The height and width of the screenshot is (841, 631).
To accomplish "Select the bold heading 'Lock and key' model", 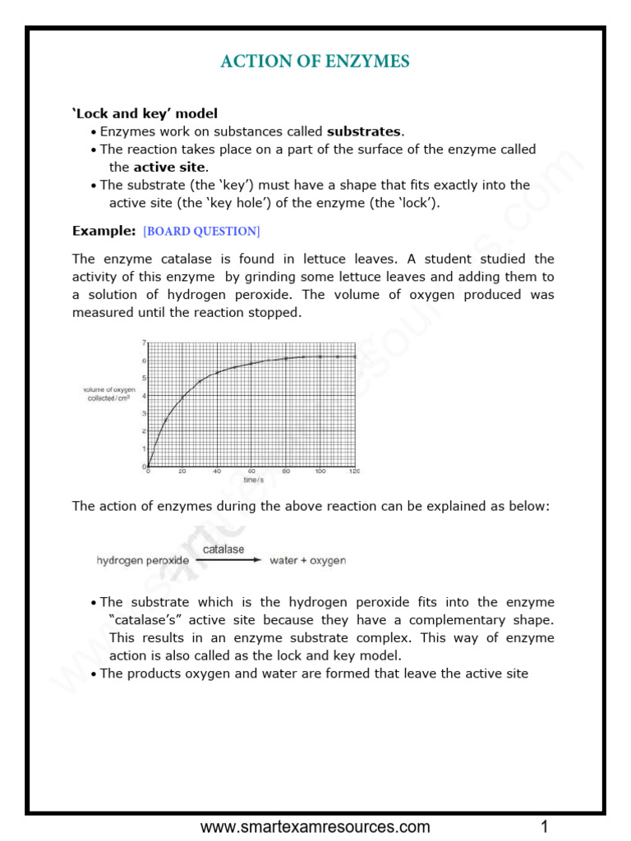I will (x=145, y=113).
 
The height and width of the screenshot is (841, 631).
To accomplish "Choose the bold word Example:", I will (x=104, y=231).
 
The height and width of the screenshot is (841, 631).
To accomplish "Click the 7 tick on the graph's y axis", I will (x=144, y=342).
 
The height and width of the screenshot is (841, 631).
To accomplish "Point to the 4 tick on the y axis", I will (x=144, y=396).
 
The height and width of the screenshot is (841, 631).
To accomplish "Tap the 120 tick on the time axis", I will (x=355, y=471).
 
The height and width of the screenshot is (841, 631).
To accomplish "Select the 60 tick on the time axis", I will (x=251, y=471).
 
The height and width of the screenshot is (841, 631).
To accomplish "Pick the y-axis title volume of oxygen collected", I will (x=108, y=393).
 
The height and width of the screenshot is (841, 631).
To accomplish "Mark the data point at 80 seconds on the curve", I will (x=286, y=358).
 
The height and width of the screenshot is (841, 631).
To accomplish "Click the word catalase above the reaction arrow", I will (x=223, y=549).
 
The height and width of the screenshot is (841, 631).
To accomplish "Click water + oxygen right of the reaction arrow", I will (x=308, y=561).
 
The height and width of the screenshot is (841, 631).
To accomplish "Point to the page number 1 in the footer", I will (x=544, y=826).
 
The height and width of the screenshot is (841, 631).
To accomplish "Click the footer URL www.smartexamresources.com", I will (x=315, y=826).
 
